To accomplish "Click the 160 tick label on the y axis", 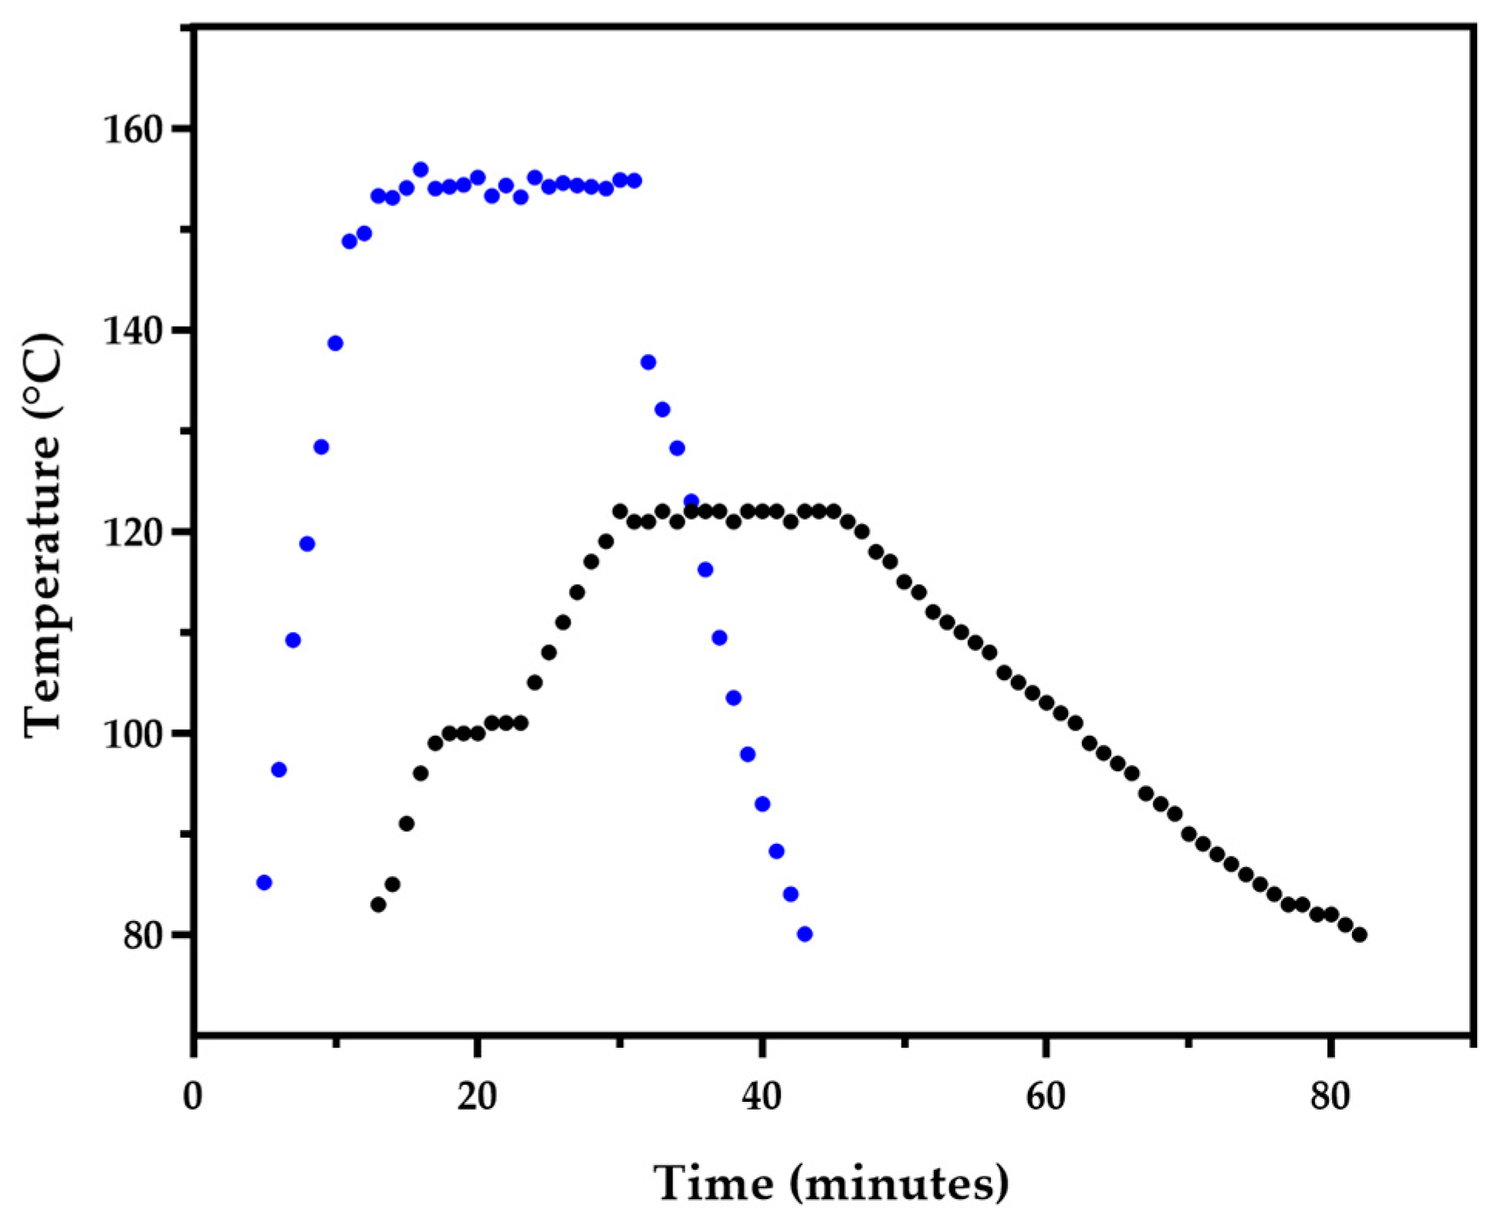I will tap(135, 130).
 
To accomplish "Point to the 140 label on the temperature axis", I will tap(135, 331).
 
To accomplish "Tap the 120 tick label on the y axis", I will tap(135, 533).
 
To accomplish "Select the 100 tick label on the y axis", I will tap(135, 733).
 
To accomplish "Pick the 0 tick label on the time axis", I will tap(193, 1096).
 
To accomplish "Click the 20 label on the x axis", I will tap(477, 1096).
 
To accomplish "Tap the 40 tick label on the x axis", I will tap(762, 1096).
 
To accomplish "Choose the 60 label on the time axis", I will tap(1046, 1096).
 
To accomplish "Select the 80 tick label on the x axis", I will tap(1330, 1096).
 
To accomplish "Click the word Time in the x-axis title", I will tap(713, 1183).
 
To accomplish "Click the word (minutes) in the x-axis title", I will tap(899, 1183).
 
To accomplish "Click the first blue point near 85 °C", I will tap(264, 883).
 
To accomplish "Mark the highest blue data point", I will tap(421, 170).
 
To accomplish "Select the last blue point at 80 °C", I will tap(805, 934).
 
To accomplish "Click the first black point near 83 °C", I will tap(378, 904).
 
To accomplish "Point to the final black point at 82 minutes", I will tap(1360, 935).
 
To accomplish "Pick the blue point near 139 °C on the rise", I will tap(335, 344).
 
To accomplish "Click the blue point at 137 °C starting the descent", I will tap(648, 362).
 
